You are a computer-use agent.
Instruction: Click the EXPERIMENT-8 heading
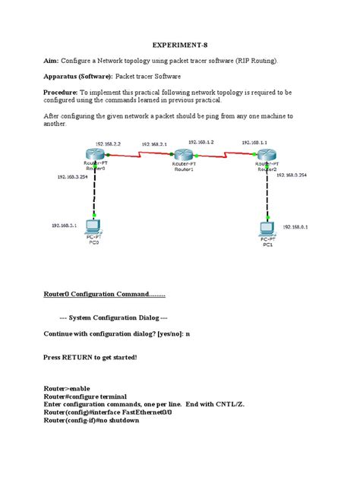coord(179,45)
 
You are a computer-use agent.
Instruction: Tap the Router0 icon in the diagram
coord(94,156)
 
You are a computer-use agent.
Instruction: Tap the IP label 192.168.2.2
coord(106,143)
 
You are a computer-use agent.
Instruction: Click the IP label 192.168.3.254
coord(72,176)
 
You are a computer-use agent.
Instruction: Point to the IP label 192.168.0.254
coord(291,175)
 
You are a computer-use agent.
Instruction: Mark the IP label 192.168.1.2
coord(201,142)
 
